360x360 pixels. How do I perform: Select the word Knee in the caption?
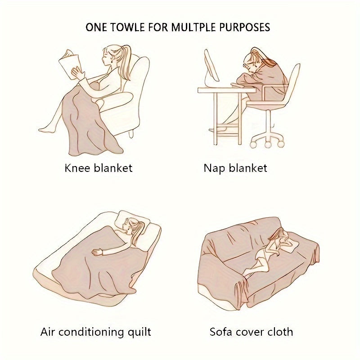[77, 168]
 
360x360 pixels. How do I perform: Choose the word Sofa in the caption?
[220, 332]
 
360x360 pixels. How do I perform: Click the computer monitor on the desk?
[211, 67]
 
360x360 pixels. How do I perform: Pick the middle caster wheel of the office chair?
[267, 144]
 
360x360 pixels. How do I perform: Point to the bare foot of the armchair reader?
[44, 130]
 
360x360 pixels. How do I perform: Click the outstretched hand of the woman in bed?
[97, 252]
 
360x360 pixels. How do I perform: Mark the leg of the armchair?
[131, 134]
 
